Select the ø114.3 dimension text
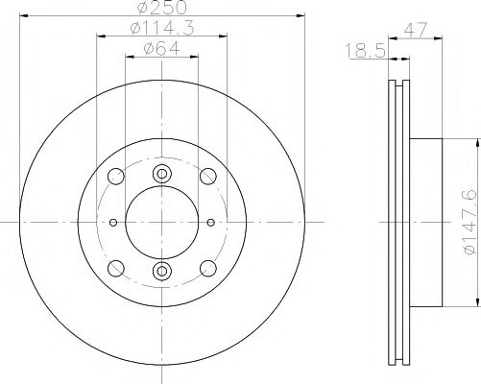tap(160, 32)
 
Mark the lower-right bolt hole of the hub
tap(206, 267)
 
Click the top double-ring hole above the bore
tap(161, 173)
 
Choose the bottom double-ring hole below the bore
tap(161, 271)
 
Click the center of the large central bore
tap(161, 222)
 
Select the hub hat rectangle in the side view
tap(427, 222)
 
